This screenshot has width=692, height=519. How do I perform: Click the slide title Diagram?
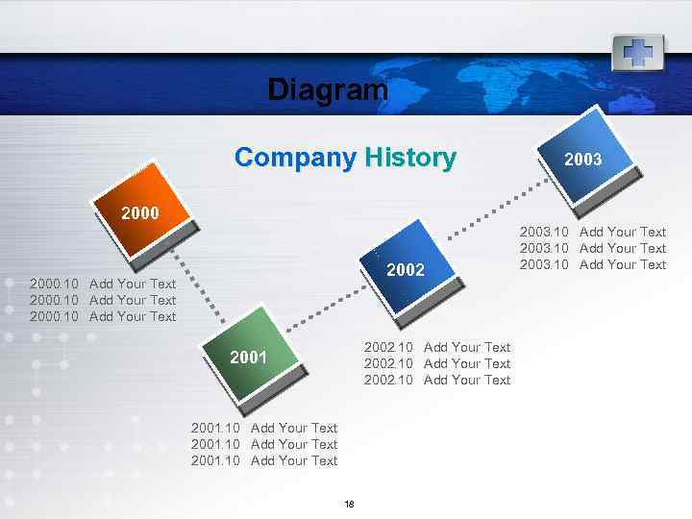coord(328,90)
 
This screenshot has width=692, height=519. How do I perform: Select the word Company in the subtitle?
coord(295,158)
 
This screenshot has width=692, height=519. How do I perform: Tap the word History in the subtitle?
coord(410,158)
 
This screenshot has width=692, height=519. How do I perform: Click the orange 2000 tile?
coord(141,211)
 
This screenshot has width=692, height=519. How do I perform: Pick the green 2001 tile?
coord(249,357)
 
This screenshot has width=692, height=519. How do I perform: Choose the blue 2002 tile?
coord(405,268)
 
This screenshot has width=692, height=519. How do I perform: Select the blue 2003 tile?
coord(583,159)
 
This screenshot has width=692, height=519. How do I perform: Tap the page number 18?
coord(349,505)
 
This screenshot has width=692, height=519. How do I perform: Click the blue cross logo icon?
coord(638,51)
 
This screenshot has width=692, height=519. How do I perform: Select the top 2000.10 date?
coord(55,284)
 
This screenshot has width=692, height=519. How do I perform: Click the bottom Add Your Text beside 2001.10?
coord(294,460)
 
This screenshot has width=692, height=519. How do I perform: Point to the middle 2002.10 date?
coord(388,363)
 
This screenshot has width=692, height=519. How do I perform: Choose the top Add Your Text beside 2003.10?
coord(623,232)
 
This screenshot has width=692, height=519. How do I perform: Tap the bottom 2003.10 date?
coord(544,264)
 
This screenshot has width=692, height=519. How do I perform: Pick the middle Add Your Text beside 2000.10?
coord(133,300)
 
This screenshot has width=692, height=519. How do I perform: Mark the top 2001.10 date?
coord(216,428)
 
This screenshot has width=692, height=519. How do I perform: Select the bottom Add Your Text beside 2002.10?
coord(467,380)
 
